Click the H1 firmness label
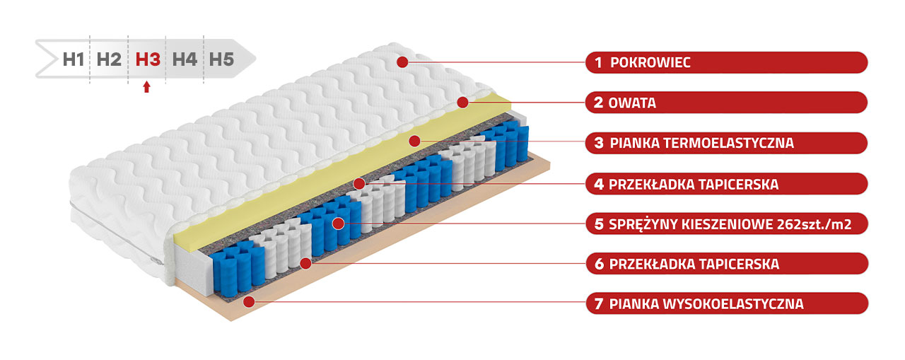74,59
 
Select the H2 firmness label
109,59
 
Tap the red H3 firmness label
148,59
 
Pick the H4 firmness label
185,59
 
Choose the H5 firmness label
221,59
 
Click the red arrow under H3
146,86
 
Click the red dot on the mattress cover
402,62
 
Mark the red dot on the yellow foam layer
414,141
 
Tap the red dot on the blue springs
338,223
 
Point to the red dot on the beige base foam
249,301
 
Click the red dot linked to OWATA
462,103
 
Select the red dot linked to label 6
305,264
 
